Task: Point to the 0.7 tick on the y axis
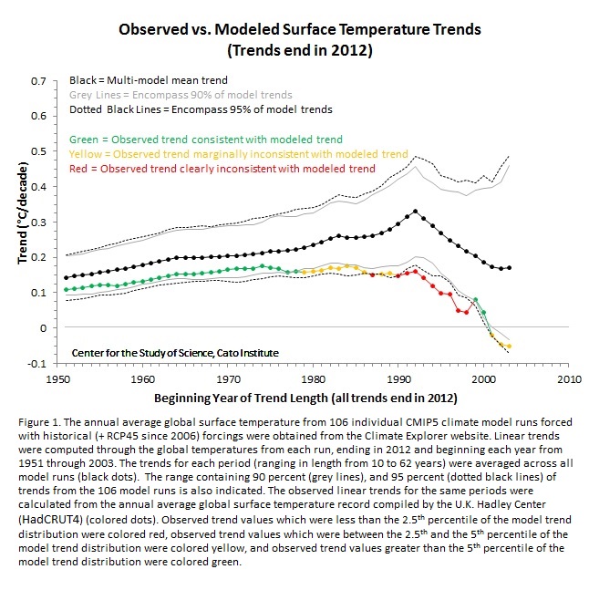pyautogui.click(x=38, y=80)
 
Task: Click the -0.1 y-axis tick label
pyautogui.click(x=36, y=364)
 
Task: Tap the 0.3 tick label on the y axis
pyautogui.click(x=38, y=222)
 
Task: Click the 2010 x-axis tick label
pyautogui.click(x=570, y=377)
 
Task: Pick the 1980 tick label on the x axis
pyautogui.click(x=315, y=377)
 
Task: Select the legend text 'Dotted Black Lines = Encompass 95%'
pyautogui.click(x=201, y=109)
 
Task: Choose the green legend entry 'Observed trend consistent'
pyautogui.click(x=206, y=140)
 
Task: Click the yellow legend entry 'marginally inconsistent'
pyautogui.click(x=239, y=154)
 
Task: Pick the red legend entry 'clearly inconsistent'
pyautogui.click(x=222, y=169)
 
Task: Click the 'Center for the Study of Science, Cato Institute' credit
pyautogui.click(x=174, y=351)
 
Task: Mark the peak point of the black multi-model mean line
pyautogui.click(x=416, y=212)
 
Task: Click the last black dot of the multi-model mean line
pyautogui.click(x=510, y=267)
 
